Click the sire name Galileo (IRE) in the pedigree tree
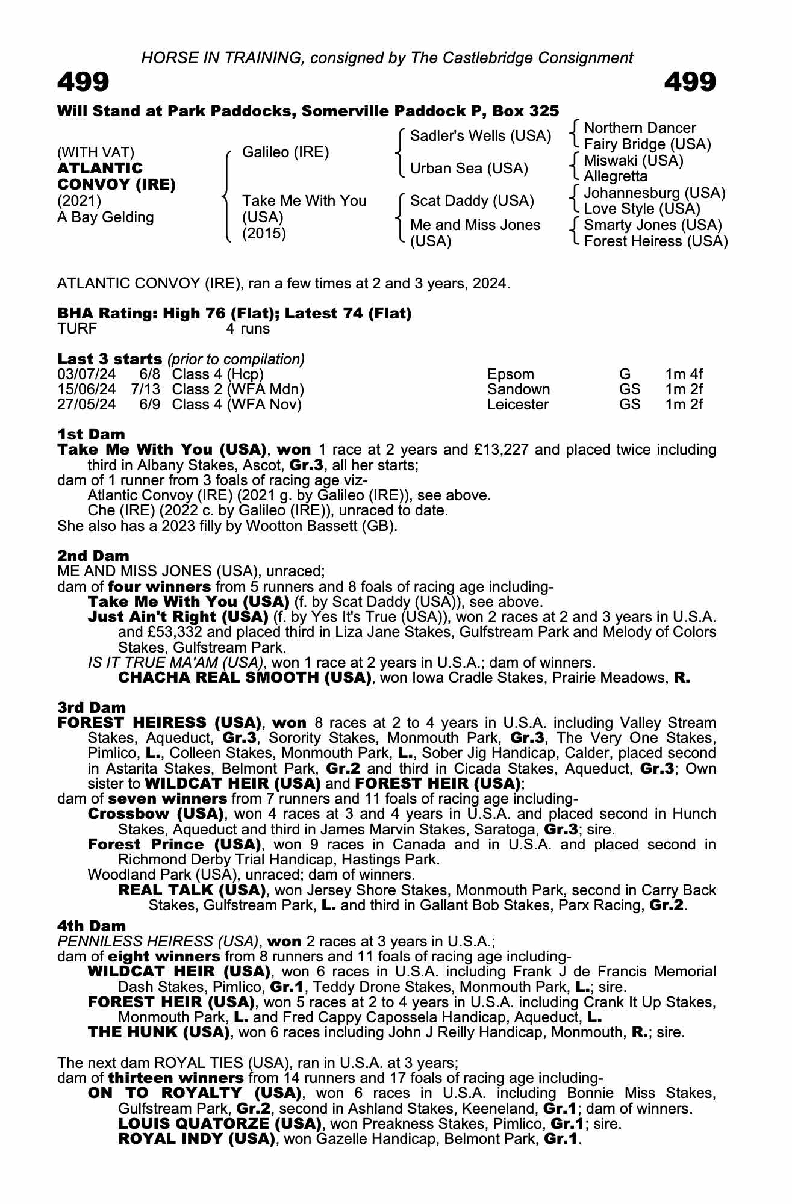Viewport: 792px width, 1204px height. (x=285, y=152)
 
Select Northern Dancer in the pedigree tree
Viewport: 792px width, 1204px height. (x=640, y=128)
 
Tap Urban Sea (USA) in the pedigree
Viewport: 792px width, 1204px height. (x=469, y=169)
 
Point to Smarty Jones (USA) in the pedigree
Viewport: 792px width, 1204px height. (x=652, y=225)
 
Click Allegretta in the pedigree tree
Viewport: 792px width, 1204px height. (x=616, y=176)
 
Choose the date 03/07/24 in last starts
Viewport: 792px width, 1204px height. (x=86, y=374)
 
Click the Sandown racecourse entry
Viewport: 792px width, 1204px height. (x=518, y=389)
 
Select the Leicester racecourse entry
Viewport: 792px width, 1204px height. (x=517, y=405)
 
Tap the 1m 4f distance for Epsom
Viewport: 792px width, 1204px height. (x=684, y=374)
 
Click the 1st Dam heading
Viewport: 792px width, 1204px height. (x=91, y=434)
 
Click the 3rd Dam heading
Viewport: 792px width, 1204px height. (x=92, y=707)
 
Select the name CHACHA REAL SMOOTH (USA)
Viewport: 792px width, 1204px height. (x=244, y=678)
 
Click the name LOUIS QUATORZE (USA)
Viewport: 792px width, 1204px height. (x=219, y=1123)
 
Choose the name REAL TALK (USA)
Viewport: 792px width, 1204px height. (x=192, y=890)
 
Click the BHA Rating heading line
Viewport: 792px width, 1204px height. (x=234, y=314)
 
